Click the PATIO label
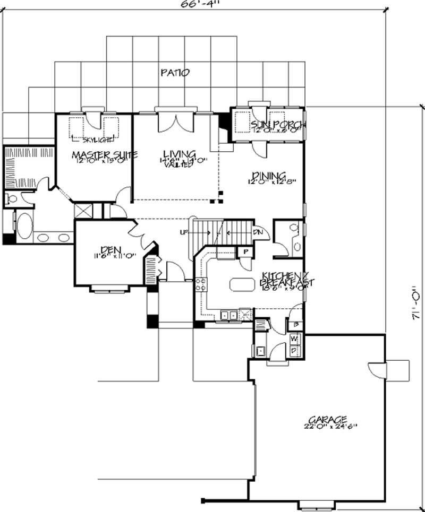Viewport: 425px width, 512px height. point(175,73)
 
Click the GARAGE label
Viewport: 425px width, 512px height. point(319,418)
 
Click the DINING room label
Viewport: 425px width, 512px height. point(269,176)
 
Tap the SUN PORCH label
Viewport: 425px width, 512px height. point(271,125)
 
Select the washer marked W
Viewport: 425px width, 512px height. point(294,338)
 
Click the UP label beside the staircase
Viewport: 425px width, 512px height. point(184,232)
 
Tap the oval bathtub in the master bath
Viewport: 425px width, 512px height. point(23,228)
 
